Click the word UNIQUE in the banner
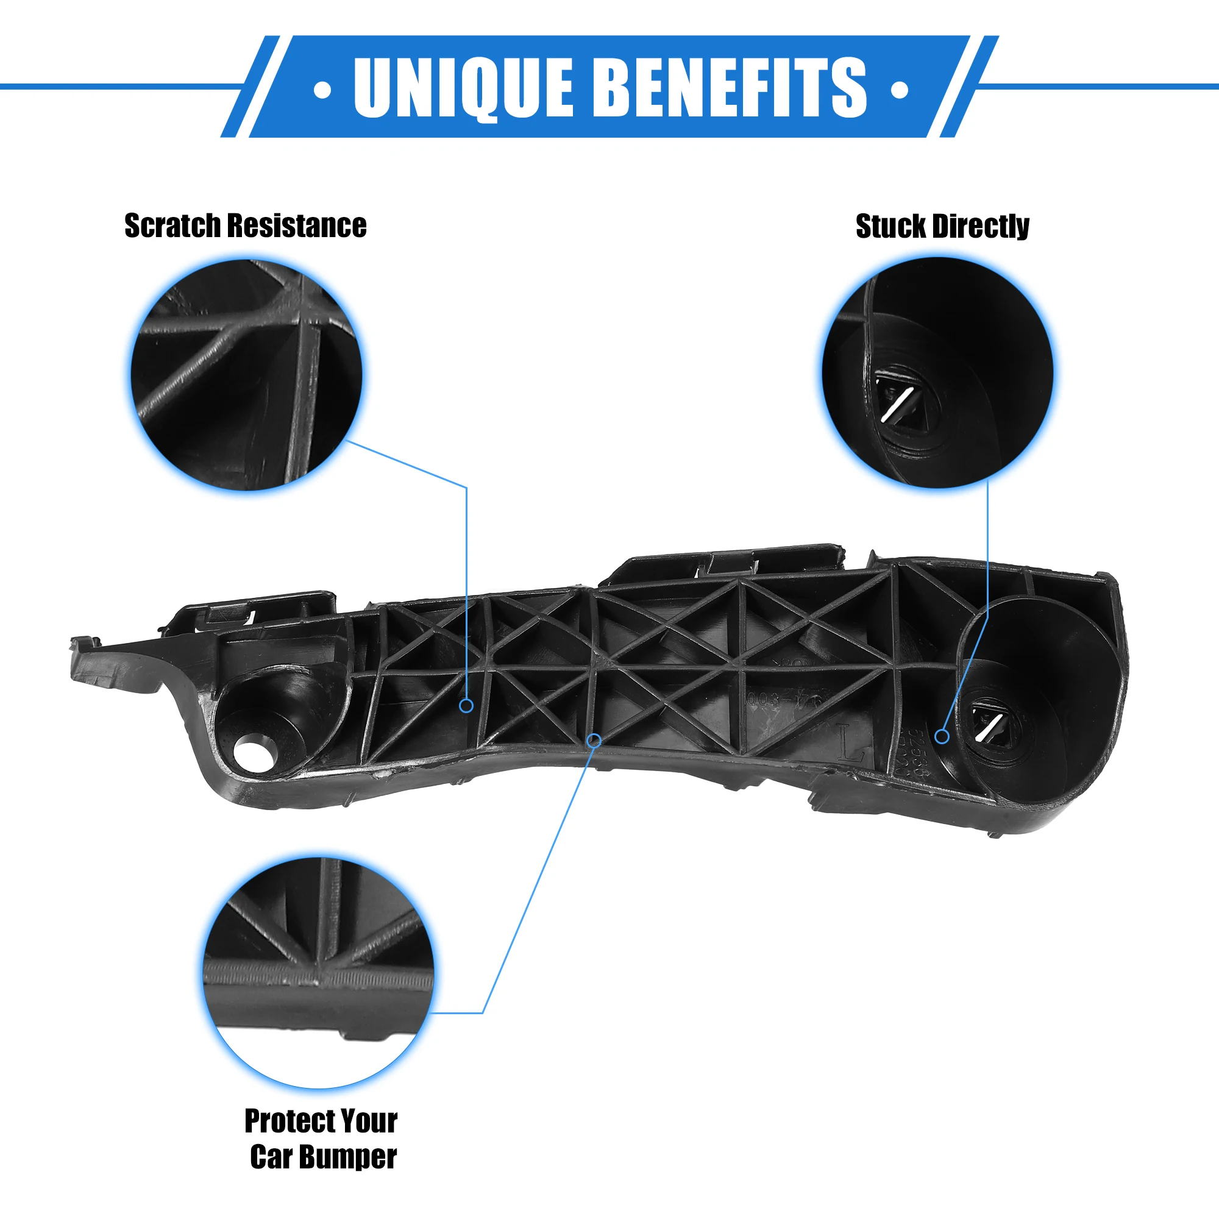tap(463, 87)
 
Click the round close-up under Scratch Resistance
tap(246, 374)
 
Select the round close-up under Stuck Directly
tap(937, 372)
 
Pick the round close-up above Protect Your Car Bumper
tap(319, 972)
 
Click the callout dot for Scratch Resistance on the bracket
tap(466, 705)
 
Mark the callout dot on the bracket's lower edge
tap(594, 740)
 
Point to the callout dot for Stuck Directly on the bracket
tap(942, 736)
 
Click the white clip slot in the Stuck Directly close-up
tap(897, 404)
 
